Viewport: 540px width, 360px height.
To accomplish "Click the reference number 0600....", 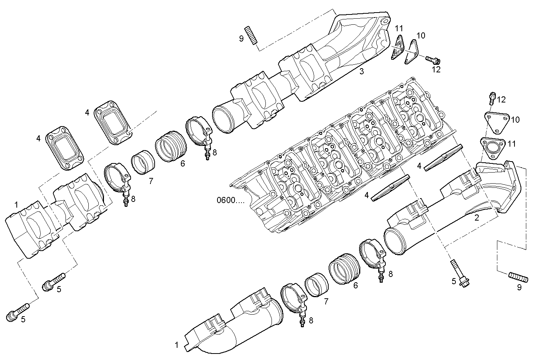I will coord(230,200).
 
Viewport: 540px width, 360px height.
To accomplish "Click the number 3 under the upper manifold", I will coord(362,71).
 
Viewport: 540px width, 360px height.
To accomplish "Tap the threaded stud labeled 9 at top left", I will coord(251,35).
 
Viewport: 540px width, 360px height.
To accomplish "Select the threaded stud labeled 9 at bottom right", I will coord(518,277).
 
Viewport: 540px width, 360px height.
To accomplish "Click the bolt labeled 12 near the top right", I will coord(432,59).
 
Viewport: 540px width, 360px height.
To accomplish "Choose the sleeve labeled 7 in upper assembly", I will coord(143,163).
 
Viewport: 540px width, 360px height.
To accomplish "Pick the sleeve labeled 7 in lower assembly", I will coord(317,286).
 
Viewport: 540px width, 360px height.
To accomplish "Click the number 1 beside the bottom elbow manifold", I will coord(176,345).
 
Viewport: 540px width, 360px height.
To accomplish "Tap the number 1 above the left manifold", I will coord(16,205).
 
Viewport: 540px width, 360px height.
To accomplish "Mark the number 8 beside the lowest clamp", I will coord(311,321).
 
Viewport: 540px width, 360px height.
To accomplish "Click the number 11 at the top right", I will coord(398,28).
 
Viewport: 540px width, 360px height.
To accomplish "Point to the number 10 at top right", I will coord(420,36).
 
